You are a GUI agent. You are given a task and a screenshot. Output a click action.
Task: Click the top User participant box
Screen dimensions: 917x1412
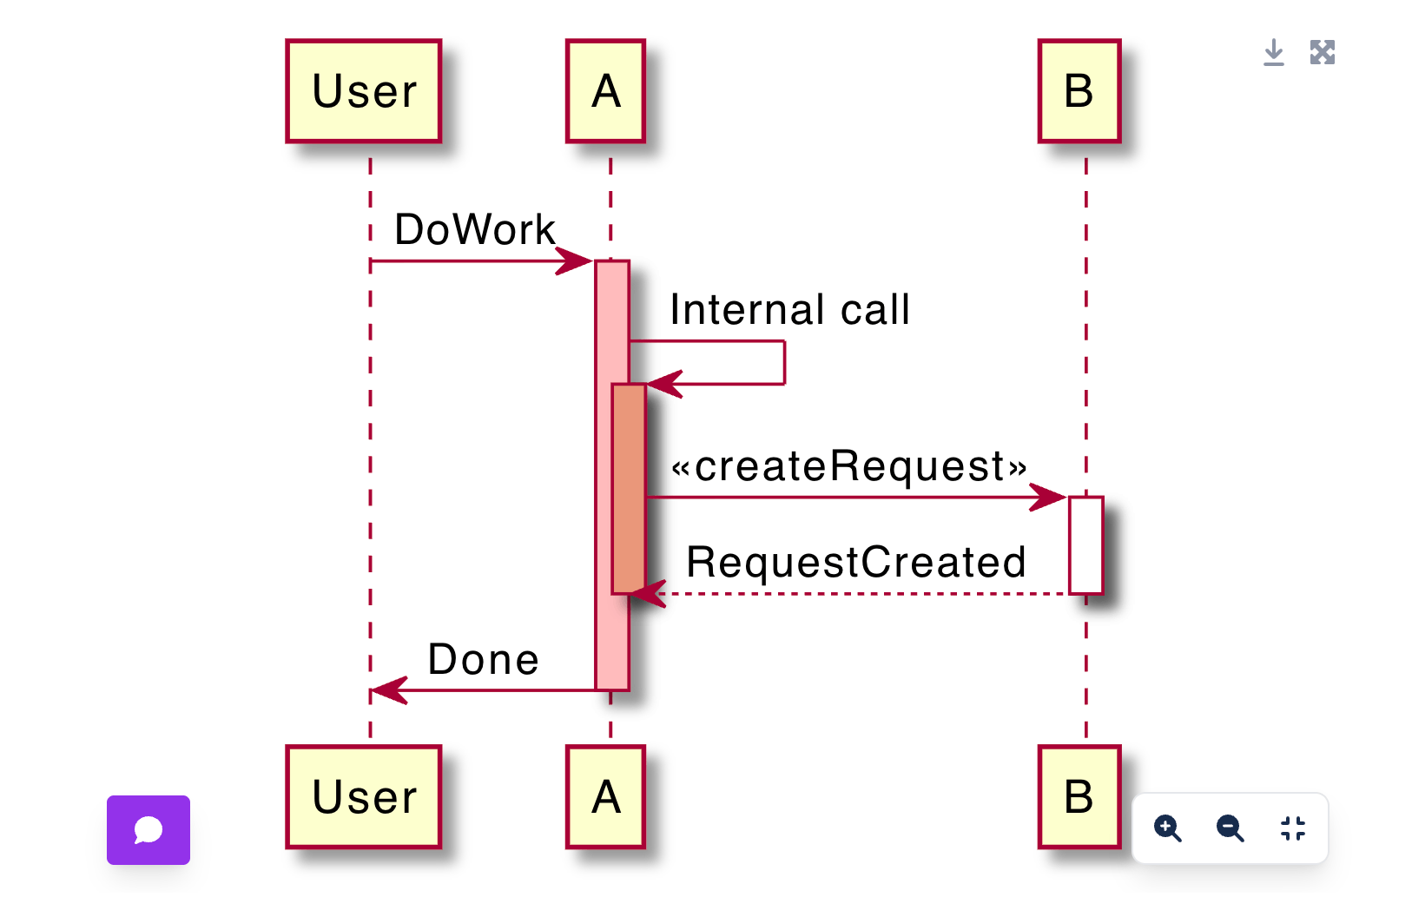(x=364, y=91)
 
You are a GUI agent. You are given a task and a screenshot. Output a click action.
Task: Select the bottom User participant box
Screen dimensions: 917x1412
(x=364, y=797)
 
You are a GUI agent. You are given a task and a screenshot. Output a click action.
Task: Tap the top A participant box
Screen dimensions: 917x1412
(x=605, y=91)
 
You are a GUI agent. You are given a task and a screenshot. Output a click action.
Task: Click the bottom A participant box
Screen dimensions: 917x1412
(x=605, y=797)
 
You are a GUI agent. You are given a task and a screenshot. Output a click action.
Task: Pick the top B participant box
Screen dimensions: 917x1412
(x=1079, y=91)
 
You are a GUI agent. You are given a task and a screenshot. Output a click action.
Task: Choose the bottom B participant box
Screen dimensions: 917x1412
(x=1079, y=797)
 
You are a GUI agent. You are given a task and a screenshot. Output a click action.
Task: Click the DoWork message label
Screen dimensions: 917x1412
(x=474, y=230)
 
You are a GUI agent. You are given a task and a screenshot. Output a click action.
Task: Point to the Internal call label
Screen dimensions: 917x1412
(x=789, y=310)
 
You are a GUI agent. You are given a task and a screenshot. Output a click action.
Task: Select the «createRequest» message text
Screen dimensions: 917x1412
(x=849, y=466)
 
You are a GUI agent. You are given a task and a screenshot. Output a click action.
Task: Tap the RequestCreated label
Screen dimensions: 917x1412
(x=856, y=563)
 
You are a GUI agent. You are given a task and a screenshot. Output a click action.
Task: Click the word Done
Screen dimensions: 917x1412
(x=484, y=660)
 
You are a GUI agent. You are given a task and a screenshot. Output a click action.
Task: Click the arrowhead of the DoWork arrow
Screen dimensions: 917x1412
(x=575, y=261)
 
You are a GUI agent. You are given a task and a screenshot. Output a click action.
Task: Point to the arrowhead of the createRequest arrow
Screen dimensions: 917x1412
(x=1048, y=498)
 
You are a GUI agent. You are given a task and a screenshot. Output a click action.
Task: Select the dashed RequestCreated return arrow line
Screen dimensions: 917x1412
(x=868, y=594)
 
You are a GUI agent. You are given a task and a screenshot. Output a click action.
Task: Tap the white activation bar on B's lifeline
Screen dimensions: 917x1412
(x=1085, y=545)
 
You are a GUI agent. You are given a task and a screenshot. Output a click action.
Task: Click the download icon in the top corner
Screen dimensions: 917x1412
(x=1273, y=53)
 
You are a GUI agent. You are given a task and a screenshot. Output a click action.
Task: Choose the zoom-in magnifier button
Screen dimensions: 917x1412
(x=1167, y=828)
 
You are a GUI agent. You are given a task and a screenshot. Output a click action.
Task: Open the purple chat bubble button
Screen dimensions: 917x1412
(x=148, y=830)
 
